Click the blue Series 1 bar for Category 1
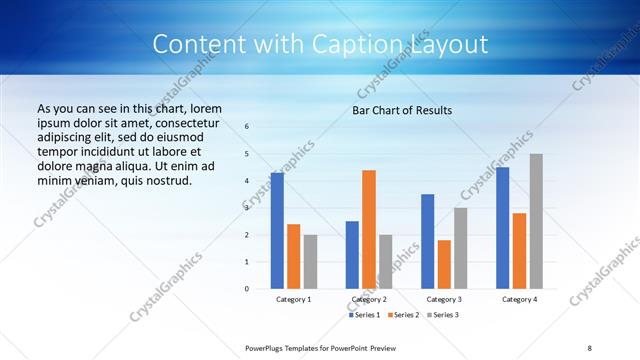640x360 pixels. pyautogui.click(x=277, y=231)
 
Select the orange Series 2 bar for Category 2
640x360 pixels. pyautogui.click(x=369, y=229)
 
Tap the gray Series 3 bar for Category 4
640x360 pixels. pyautogui.click(x=536, y=221)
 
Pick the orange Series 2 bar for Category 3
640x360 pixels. pyautogui.click(x=444, y=264)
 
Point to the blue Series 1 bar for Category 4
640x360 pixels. pyautogui.click(x=502, y=228)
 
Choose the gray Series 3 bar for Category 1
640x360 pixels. pyautogui.click(x=310, y=262)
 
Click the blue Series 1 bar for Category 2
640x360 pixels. pyautogui.click(x=352, y=255)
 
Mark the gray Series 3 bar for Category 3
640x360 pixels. pyautogui.click(x=461, y=248)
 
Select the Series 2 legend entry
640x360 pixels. pyautogui.click(x=403, y=315)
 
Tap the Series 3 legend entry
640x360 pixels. pyautogui.click(x=442, y=315)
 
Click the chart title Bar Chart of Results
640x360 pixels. pyautogui.click(x=402, y=110)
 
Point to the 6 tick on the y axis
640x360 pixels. pyautogui.click(x=247, y=127)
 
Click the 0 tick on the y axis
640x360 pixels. pyautogui.click(x=247, y=289)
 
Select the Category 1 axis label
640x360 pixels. pyautogui.click(x=294, y=299)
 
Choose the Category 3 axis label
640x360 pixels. pyautogui.click(x=444, y=299)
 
